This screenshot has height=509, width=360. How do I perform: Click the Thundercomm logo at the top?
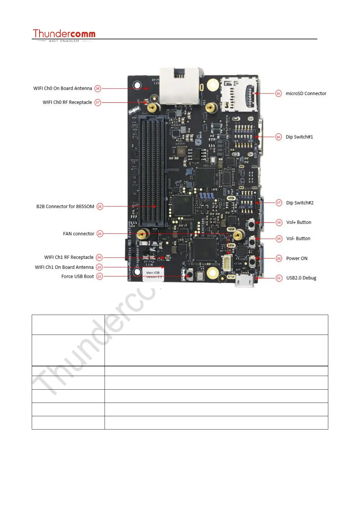pyautogui.click(x=64, y=35)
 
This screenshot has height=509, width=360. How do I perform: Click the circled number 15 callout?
pyautogui.click(x=278, y=93)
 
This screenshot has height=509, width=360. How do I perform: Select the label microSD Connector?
pyautogui.click(x=306, y=93)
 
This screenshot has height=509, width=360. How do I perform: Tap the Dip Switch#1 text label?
pyautogui.click(x=299, y=137)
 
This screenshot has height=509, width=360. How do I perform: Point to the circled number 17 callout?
pyautogui.click(x=279, y=203)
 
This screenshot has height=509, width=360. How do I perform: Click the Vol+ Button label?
pyautogui.click(x=299, y=222)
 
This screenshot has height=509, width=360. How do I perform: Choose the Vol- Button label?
pyautogui.click(x=298, y=238)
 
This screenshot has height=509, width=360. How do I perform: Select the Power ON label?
pyautogui.click(x=297, y=258)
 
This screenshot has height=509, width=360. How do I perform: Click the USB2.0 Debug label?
pyautogui.click(x=301, y=278)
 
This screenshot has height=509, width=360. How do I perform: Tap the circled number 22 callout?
pyautogui.click(x=99, y=276)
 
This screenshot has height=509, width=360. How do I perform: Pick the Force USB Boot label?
pyautogui.click(x=77, y=276)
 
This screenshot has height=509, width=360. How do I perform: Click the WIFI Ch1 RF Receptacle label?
pyautogui.click(x=69, y=257)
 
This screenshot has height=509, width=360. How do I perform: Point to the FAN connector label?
pyautogui.click(x=79, y=234)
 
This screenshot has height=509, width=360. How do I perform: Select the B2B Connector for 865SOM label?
pyautogui.click(x=65, y=206)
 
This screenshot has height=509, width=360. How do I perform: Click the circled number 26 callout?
pyautogui.click(x=100, y=206)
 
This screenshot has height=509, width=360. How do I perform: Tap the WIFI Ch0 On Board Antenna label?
pyautogui.click(x=63, y=88)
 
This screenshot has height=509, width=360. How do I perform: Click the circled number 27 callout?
pyautogui.click(x=98, y=102)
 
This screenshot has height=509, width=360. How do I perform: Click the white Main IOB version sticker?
pyautogui.click(x=153, y=274)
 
